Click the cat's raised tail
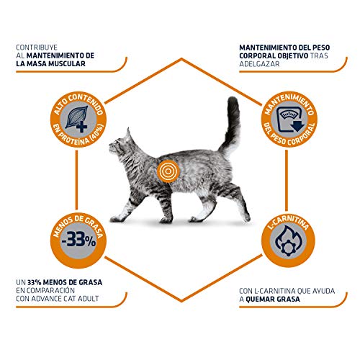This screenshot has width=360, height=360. coord(232,119)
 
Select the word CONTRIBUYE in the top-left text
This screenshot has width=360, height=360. coord(40,48)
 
